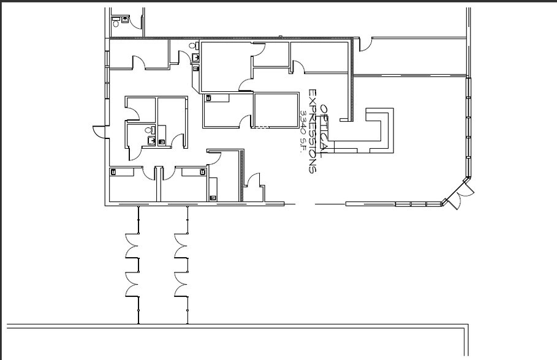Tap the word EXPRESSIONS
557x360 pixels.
pos(313,131)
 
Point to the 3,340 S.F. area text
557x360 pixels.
pos(303,131)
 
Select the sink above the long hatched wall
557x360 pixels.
pos(124,20)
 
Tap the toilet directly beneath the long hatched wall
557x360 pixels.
pos(192,46)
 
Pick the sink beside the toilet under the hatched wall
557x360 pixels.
pos(195,57)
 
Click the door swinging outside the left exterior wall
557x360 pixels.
pos(99,132)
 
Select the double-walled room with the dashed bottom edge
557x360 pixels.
pos(276,110)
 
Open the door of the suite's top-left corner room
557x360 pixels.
pos(138,62)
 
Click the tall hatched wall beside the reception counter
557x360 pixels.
pos(352,80)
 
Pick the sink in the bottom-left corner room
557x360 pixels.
pos(113,172)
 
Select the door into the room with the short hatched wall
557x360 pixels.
pos(214,158)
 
